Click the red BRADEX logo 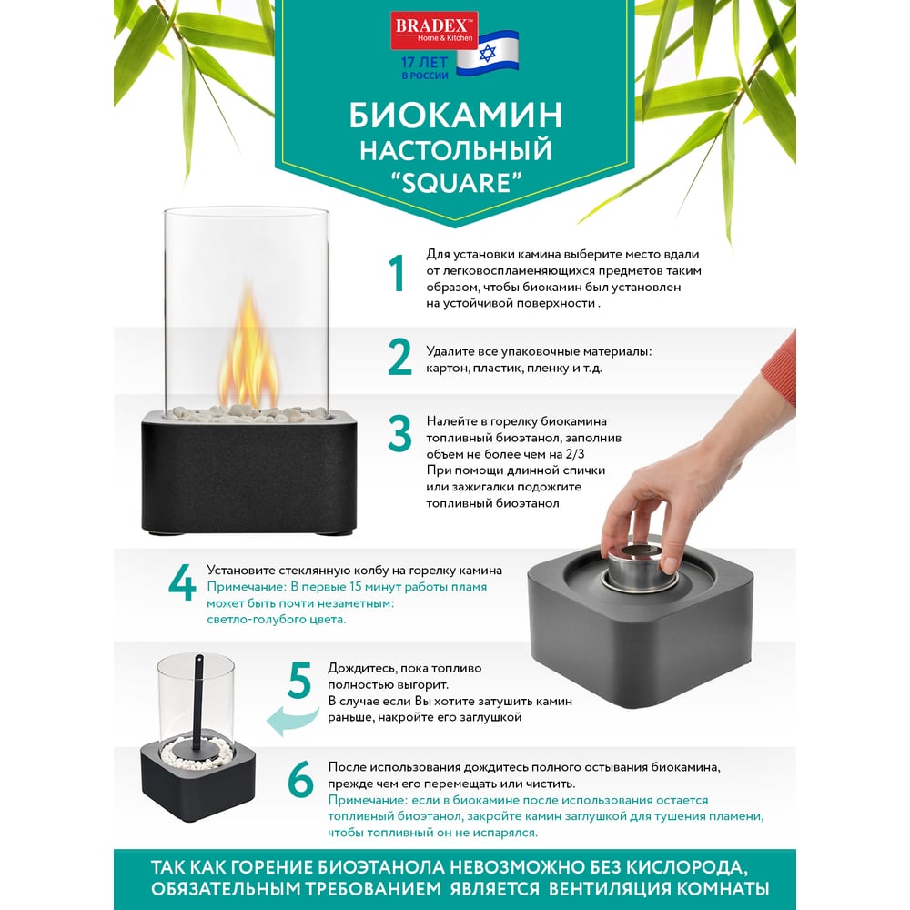coord(433,30)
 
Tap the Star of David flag coord(487,54)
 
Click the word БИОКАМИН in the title coord(455,115)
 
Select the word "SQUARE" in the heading coord(454,183)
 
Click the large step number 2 coord(399,357)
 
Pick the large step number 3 coord(399,433)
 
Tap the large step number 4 coord(182,581)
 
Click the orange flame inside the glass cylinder coord(248,349)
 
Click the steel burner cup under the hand coord(641,566)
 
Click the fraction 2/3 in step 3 coord(574,454)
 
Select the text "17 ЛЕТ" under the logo coord(424,62)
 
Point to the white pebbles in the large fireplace coord(248,412)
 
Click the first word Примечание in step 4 coord(247,587)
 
